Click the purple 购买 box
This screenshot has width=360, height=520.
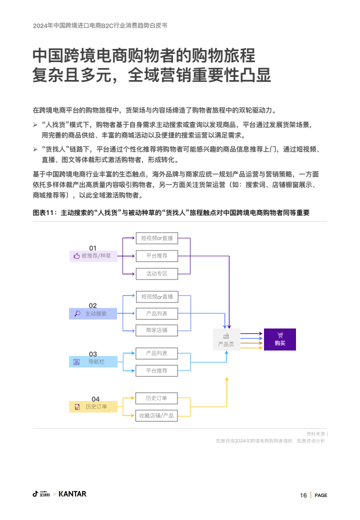(280, 339)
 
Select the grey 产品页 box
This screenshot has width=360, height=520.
(226, 339)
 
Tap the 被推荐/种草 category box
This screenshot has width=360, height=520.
(93, 256)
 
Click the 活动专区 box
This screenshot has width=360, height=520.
(156, 273)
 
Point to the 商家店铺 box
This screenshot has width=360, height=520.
(156, 330)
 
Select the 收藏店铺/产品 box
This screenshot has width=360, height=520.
(156, 415)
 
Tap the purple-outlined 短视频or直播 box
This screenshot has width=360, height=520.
(156, 238)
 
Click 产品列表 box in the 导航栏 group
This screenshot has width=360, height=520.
(156, 353)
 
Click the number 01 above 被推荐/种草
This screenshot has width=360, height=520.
(93, 248)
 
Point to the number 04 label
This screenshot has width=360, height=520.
(95, 399)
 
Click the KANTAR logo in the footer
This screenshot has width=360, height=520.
(72, 494)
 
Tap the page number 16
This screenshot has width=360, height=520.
(303, 495)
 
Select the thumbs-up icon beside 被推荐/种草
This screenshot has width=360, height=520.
(76, 256)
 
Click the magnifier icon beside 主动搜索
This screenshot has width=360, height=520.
(77, 314)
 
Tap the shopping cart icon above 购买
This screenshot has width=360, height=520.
(280, 335)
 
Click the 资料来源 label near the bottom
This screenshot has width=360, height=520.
(315, 433)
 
